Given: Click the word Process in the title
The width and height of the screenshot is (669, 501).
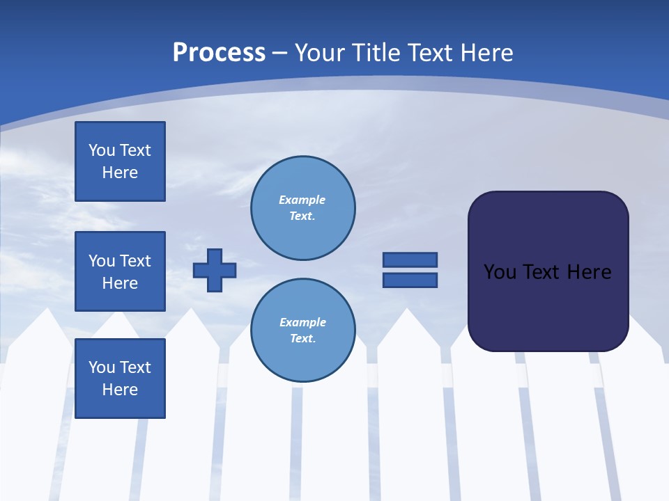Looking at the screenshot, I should click(219, 53).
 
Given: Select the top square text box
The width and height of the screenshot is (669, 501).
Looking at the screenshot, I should click(120, 161).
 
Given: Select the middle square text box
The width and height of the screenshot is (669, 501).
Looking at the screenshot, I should click(120, 271).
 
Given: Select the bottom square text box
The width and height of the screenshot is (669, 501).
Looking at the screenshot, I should click(120, 379).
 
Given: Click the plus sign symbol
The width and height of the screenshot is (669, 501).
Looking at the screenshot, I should click(215, 270).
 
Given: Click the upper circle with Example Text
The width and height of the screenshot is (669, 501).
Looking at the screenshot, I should click(302, 208).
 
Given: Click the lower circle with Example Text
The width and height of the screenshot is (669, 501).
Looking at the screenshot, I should click(302, 331).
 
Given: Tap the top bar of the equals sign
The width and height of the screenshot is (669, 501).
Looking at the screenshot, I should click(410, 260).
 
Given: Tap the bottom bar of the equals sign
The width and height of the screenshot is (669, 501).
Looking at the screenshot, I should click(410, 280).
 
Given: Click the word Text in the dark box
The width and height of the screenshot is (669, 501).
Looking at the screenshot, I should click(541, 272).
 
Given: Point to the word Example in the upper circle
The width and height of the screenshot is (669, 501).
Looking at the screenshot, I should click(302, 200).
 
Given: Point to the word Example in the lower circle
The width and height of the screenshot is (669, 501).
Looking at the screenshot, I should click(302, 322).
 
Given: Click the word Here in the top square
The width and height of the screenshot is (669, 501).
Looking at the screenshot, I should click(120, 173).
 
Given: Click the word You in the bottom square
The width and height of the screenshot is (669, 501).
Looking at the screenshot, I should click(102, 367).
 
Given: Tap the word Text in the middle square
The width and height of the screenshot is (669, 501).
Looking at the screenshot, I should click(135, 261).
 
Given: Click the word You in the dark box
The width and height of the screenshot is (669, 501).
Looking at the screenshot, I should click(500, 272).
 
